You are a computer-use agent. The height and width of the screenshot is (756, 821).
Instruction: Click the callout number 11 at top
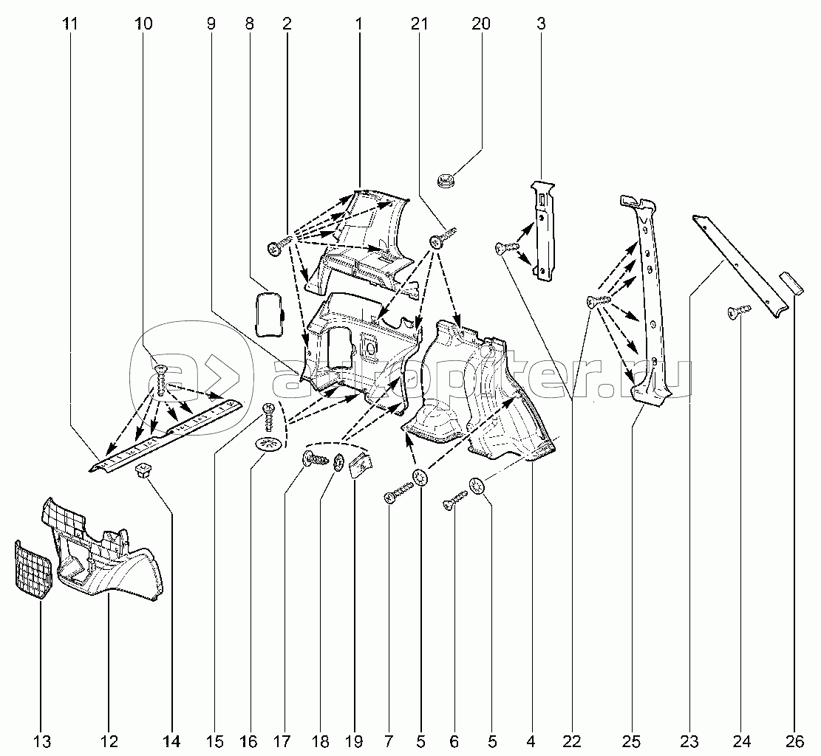click(70, 24)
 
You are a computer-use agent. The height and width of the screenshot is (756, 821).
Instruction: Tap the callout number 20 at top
click(480, 24)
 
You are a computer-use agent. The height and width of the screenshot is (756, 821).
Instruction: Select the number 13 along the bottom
click(42, 740)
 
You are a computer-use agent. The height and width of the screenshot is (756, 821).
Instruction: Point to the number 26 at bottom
click(794, 740)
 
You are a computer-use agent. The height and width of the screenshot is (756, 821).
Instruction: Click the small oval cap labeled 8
click(269, 314)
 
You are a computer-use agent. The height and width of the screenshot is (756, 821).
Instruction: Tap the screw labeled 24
click(739, 312)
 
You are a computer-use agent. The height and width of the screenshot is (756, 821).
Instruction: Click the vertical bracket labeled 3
click(543, 231)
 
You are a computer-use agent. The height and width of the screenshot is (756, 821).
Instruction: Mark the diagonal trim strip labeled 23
click(739, 266)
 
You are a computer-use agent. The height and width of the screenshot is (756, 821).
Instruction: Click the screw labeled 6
click(454, 499)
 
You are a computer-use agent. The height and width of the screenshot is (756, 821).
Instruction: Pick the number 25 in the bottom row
click(632, 740)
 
